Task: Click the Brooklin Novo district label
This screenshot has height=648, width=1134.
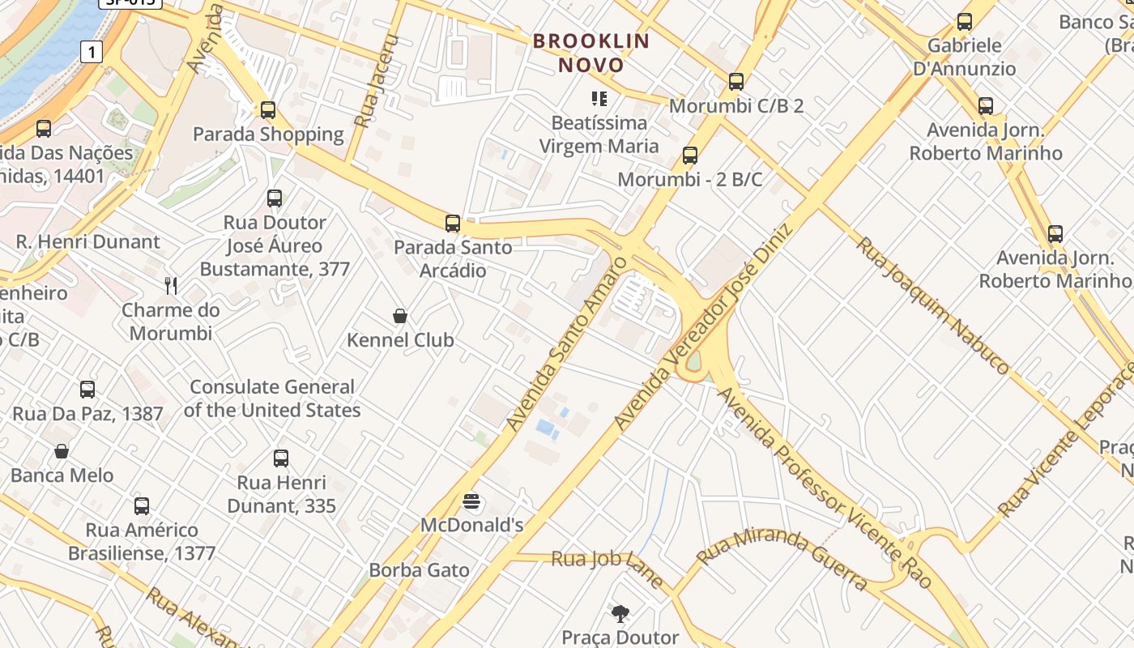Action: (x=591, y=53)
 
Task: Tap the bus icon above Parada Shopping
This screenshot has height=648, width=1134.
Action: (x=268, y=109)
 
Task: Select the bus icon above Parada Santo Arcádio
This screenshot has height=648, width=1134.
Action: (x=453, y=223)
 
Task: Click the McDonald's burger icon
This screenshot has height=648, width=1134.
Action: (x=471, y=501)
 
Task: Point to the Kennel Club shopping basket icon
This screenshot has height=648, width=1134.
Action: (x=399, y=315)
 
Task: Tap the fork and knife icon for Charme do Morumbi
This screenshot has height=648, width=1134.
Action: (x=171, y=285)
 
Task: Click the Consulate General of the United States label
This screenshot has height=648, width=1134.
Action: (x=271, y=399)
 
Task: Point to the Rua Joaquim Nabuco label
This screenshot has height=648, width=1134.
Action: (x=933, y=305)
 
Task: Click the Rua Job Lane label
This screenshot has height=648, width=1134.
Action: (x=607, y=567)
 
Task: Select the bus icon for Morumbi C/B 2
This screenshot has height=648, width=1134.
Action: (x=735, y=81)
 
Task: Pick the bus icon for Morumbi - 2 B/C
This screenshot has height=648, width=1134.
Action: (x=689, y=155)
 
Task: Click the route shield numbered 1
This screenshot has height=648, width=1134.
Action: (x=92, y=53)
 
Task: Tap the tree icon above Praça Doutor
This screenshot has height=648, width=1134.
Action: (x=620, y=613)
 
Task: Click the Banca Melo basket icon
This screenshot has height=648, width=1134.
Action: (x=62, y=450)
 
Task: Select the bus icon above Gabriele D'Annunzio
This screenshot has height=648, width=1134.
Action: (x=964, y=21)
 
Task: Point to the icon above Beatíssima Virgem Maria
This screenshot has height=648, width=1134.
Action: (x=599, y=99)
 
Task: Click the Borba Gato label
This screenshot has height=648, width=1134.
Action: (x=419, y=570)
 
